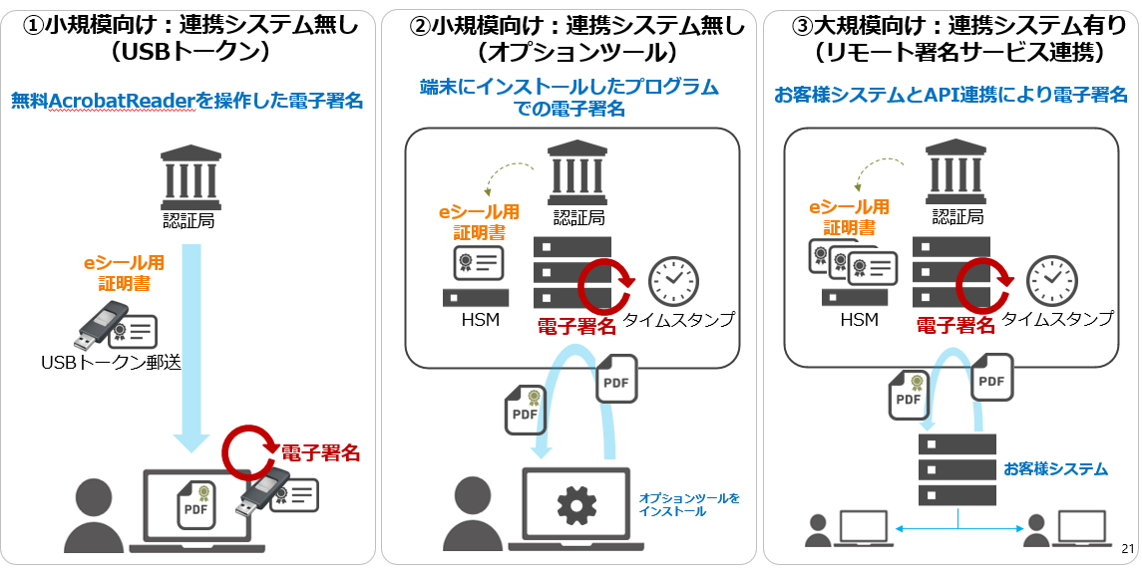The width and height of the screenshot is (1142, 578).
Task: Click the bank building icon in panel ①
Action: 189,175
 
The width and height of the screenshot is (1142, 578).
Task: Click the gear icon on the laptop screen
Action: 575,506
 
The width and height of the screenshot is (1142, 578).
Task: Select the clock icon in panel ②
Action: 674,281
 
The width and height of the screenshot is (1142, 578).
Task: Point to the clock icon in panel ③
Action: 1053,281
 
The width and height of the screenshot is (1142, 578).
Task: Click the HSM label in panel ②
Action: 480,320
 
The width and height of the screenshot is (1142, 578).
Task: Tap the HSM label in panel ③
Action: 859,320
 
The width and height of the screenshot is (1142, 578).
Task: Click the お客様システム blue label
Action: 1055,468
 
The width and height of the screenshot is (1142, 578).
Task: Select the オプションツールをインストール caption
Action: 689,504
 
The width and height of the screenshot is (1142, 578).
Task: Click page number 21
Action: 1128,549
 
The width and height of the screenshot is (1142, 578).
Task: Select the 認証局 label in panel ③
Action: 957,216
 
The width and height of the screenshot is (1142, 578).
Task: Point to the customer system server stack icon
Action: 956,468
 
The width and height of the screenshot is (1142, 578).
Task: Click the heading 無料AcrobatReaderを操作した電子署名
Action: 187,101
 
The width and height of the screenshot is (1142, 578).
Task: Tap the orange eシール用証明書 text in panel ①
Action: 124,274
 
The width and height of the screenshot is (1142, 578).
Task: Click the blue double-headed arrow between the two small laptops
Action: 957,529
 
